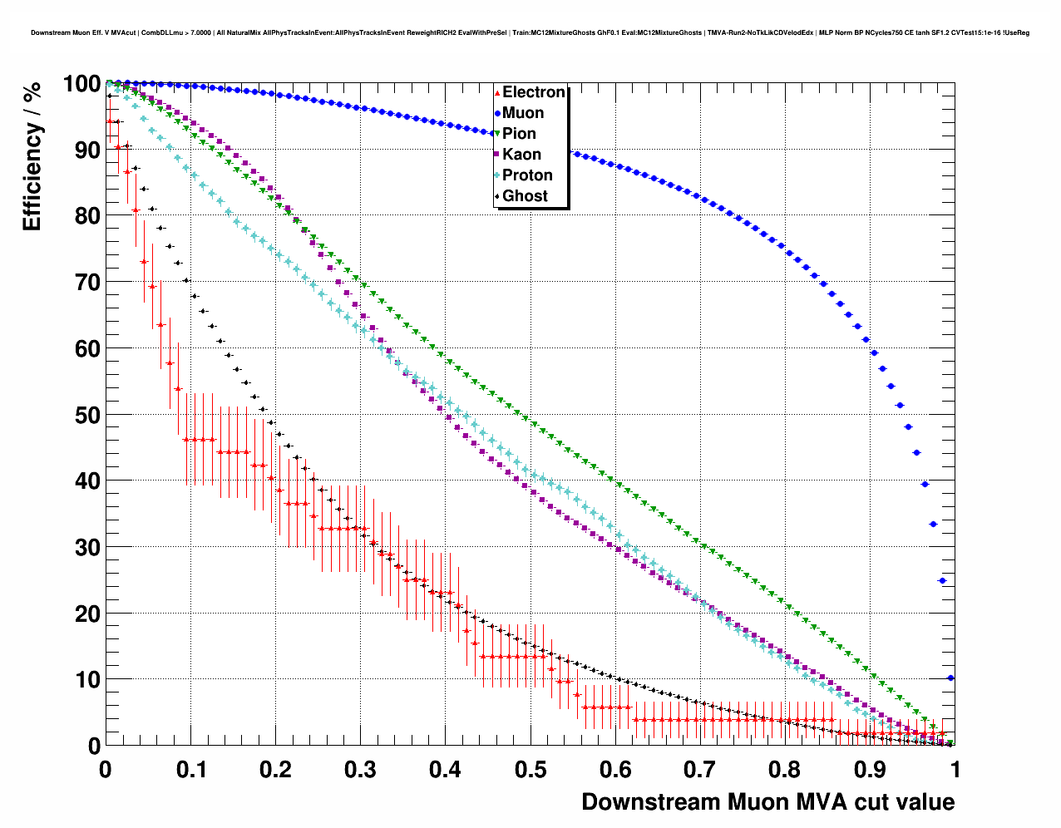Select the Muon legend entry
point(522,113)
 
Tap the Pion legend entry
point(519,134)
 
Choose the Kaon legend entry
point(521,155)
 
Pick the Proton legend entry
point(526,175)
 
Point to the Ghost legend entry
point(525,196)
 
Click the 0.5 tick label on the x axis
point(530,770)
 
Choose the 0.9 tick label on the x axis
point(871,770)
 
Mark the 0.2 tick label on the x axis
point(275,770)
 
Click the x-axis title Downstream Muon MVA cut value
point(767,802)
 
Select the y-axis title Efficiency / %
point(32,156)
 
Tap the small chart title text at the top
point(530,32)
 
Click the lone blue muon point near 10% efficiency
point(950,678)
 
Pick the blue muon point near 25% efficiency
point(942,580)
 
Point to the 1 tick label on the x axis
point(955,770)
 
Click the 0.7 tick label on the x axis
point(700,770)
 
